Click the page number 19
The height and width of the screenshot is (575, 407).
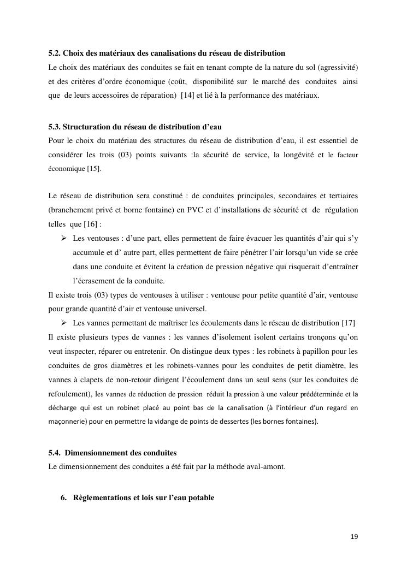(355, 537)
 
